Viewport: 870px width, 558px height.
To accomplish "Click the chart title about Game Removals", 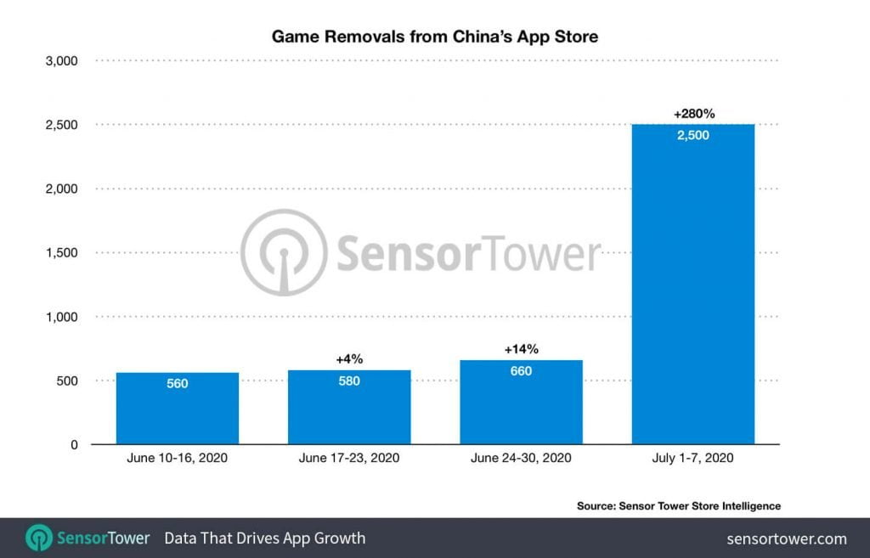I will [436, 37].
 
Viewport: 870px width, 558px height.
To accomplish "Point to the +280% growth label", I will [693, 113].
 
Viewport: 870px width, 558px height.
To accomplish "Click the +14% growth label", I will [521, 349].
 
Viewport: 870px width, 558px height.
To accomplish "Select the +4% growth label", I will [349, 359].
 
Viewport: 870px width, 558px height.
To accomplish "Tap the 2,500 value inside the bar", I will [693, 136].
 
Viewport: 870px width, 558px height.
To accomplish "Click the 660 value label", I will [521, 371].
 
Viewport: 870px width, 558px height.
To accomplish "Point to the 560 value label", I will [178, 384].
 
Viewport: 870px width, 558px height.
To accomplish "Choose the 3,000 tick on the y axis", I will [60, 61].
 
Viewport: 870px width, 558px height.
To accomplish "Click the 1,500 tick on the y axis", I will [60, 253].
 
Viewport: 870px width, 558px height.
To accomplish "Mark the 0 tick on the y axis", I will [74, 445].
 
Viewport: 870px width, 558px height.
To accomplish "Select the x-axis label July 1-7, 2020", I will [693, 459].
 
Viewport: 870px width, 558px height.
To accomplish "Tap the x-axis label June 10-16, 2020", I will [178, 459].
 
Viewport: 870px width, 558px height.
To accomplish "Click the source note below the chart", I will [678, 505].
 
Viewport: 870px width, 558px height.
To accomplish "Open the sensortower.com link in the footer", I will [787, 538].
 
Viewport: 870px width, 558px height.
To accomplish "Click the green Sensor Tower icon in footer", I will [39, 538].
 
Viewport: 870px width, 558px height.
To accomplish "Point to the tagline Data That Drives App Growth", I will [264, 538].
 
